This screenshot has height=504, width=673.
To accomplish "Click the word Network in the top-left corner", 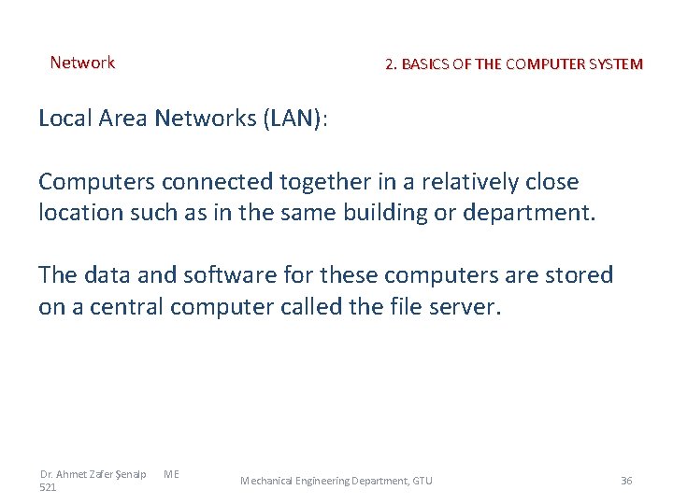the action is tap(82, 63).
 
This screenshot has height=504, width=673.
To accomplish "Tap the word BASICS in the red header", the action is tap(425, 64).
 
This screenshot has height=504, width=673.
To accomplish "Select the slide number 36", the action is tap(626, 481).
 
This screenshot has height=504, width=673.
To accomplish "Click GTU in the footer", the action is tap(422, 481).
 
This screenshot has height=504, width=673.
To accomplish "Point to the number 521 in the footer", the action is tap(49, 487).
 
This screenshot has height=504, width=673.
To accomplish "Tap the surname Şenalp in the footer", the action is tap(128, 474).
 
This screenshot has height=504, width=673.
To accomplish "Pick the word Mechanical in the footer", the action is tap(266, 481).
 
